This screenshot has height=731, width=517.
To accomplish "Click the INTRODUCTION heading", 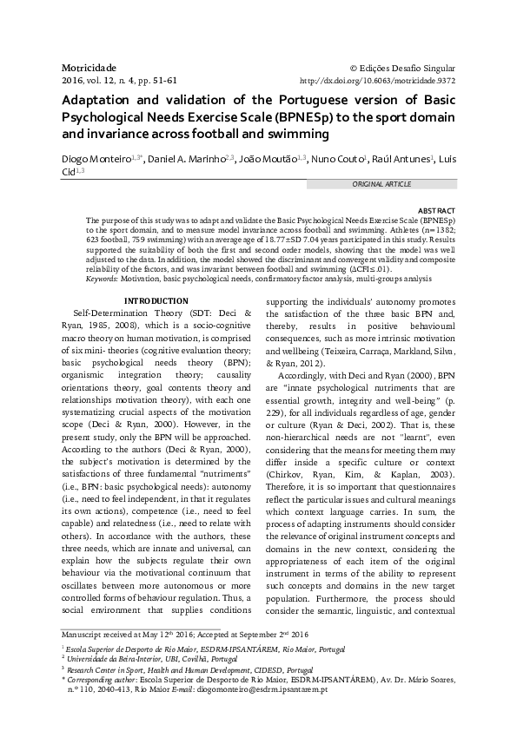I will coord(156,300).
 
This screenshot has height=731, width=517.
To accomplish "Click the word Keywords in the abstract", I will coord(102,278).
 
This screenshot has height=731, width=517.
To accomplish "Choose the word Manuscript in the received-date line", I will coord(85,635).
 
